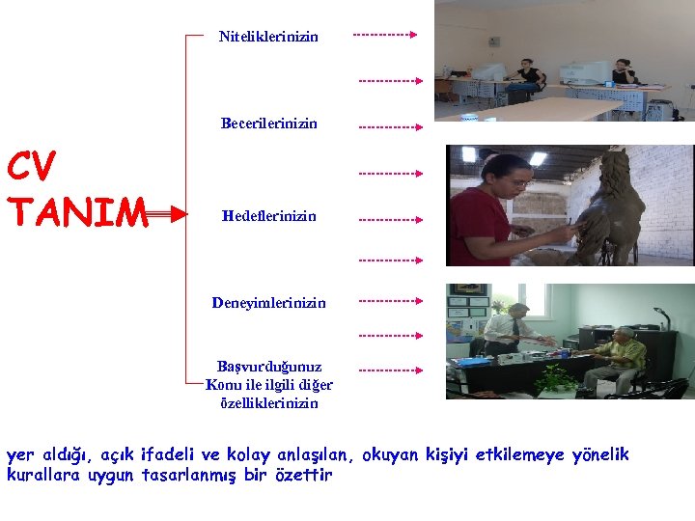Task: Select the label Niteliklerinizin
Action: point(268,37)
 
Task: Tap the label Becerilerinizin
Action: point(268,123)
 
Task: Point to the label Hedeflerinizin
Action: point(268,216)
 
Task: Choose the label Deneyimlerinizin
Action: point(268,302)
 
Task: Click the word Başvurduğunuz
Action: point(269,367)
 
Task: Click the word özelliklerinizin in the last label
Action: point(269,403)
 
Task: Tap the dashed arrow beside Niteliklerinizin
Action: point(384,35)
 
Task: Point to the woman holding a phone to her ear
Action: point(623,73)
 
